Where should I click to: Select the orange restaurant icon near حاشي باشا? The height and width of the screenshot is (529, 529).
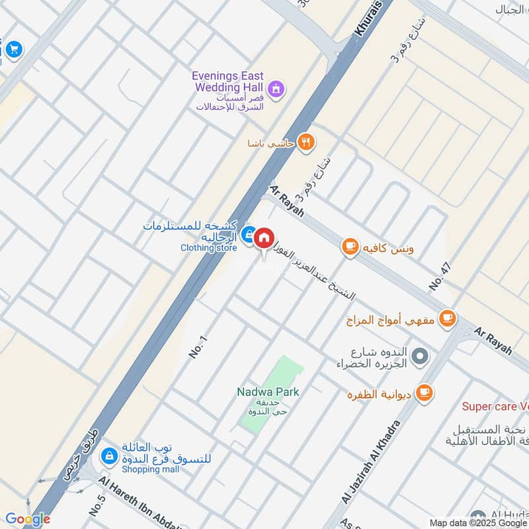(x=305, y=142)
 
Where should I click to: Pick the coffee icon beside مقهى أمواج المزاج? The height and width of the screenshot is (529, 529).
(x=448, y=319)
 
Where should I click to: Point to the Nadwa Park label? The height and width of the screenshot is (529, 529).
(x=268, y=391)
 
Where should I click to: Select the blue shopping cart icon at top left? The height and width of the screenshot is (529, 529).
(x=13, y=49)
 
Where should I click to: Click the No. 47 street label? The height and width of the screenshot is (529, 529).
(x=439, y=276)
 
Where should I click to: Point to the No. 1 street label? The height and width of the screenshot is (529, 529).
(x=198, y=347)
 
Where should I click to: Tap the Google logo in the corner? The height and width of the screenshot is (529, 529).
(x=28, y=520)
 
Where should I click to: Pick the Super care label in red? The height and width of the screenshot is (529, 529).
(x=495, y=406)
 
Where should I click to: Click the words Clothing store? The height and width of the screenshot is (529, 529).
(x=208, y=248)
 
